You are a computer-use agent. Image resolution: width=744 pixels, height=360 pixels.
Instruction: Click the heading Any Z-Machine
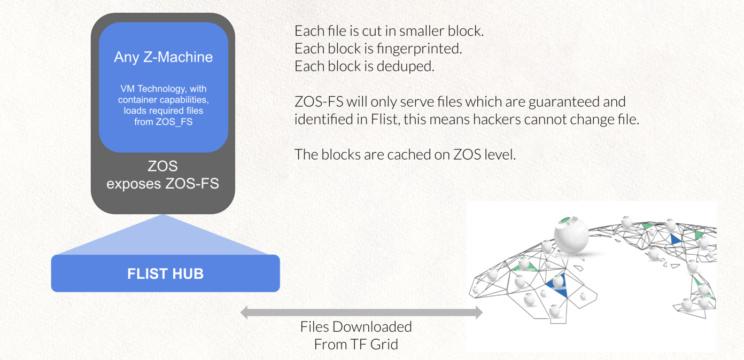(x=163, y=57)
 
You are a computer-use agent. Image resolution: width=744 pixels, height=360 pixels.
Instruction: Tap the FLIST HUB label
(x=165, y=274)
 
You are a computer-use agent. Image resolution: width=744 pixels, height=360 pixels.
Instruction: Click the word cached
(x=394, y=154)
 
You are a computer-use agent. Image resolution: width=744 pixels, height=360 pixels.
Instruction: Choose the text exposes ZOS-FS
(x=162, y=184)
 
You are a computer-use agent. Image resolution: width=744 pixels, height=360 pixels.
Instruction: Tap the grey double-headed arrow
(x=361, y=312)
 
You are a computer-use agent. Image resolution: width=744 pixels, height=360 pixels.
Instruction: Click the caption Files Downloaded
(x=356, y=327)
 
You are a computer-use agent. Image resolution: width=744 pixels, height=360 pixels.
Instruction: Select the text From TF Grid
(x=356, y=345)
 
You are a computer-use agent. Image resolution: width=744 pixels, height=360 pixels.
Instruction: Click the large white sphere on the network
(x=571, y=234)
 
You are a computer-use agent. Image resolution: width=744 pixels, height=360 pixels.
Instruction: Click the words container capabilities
(x=163, y=100)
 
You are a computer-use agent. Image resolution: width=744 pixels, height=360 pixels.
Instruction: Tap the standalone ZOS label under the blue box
(x=162, y=166)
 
